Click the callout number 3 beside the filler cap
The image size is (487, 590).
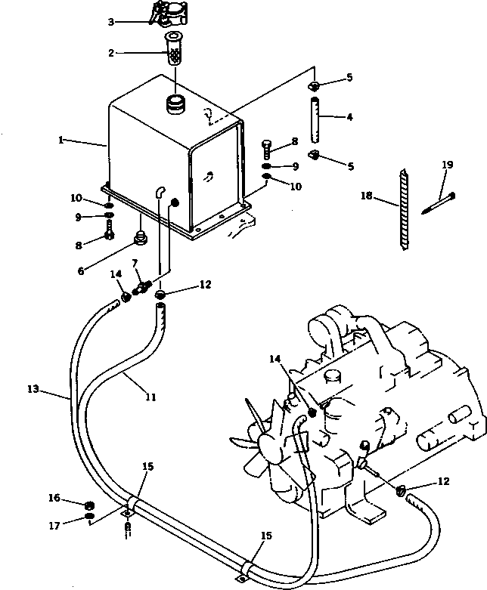click(110, 22)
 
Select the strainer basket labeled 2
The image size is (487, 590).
click(173, 49)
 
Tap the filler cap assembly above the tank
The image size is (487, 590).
click(169, 14)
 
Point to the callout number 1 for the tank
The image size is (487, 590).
click(60, 140)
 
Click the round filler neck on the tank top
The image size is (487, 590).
click(175, 104)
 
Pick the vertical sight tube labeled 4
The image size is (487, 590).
click(315, 119)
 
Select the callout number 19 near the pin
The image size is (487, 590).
click(448, 165)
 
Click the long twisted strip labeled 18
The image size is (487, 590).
click(403, 209)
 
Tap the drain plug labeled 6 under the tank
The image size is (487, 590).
click(141, 238)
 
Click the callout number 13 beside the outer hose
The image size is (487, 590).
click(33, 389)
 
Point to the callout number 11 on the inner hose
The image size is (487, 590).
click(150, 397)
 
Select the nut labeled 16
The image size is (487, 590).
click(90, 505)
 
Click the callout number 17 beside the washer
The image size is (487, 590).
click(54, 525)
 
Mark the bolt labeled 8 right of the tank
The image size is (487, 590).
click(266, 149)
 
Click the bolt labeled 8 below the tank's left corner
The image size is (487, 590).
click(109, 230)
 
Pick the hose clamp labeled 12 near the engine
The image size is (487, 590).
click(400, 490)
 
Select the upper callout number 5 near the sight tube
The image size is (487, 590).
click(349, 78)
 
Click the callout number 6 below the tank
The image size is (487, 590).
click(81, 271)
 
